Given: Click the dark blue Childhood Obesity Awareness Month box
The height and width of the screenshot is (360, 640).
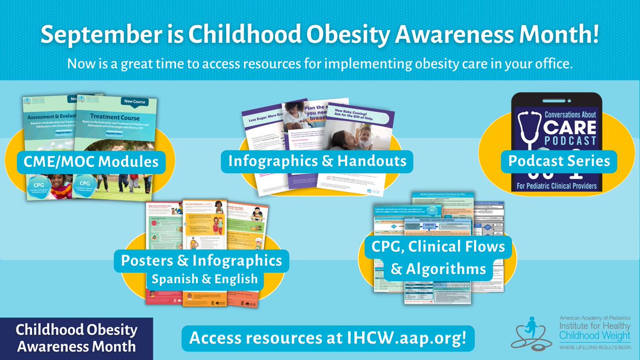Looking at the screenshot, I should click(x=76, y=338).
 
